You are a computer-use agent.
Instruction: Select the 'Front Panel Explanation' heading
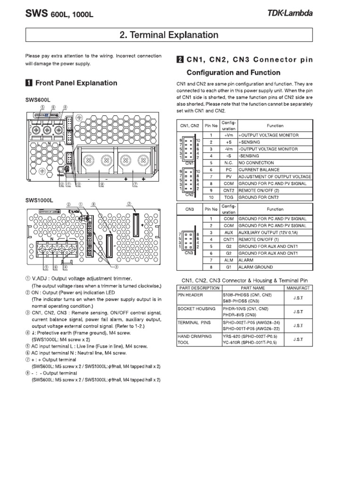[x=76, y=83]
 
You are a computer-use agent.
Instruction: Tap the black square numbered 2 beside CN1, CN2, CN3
[x=180, y=60]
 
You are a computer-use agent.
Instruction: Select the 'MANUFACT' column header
[x=298, y=288]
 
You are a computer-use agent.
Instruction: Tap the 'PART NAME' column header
[x=253, y=288]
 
